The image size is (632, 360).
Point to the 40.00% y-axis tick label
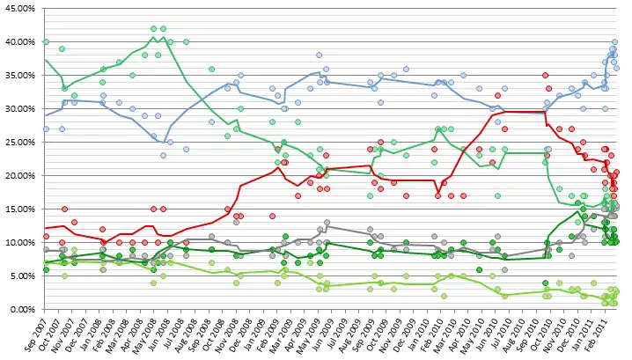18,41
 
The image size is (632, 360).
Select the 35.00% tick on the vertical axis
18,75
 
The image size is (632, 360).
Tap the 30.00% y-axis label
18,108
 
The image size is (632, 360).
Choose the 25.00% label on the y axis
18,142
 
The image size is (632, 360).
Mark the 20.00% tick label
18,175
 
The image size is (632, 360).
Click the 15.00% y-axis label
18,209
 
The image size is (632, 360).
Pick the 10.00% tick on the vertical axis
18,242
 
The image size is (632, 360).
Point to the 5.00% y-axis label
20,276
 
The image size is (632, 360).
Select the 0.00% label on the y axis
20,309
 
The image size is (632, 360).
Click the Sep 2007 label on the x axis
40,333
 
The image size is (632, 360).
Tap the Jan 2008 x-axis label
99,333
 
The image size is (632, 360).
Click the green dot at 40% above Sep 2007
46,41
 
